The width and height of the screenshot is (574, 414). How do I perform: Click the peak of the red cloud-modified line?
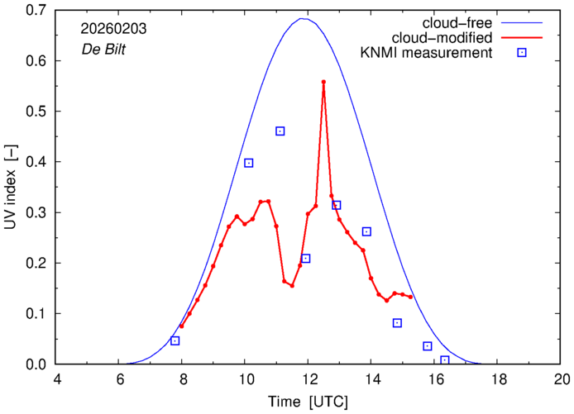[x=323, y=82]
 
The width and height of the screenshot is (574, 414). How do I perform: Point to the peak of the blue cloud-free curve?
[x=304, y=18]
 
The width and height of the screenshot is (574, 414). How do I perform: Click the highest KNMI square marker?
[x=280, y=131]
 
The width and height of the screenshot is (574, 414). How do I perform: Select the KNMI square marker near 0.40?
[x=248, y=163]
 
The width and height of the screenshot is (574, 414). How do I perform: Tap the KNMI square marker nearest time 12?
[x=305, y=259]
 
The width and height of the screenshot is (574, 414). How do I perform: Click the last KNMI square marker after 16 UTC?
[x=445, y=360]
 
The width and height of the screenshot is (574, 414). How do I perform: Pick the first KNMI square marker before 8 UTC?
[x=175, y=341]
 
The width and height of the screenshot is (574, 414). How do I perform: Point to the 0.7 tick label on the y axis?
[x=36, y=11]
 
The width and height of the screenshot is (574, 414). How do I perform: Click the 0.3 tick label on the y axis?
[x=36, y=212]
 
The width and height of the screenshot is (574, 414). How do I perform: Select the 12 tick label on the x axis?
[x=309, y=379]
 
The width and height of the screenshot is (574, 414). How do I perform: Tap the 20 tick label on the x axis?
[x=562, y=379]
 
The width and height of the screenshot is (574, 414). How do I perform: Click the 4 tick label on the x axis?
[x=56, y=379]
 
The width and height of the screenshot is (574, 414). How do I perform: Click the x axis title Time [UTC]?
[x=308, y=402]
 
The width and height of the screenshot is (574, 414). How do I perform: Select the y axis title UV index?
[x=11, y=187]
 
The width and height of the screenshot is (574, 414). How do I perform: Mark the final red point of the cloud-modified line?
[x=410, y=297]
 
